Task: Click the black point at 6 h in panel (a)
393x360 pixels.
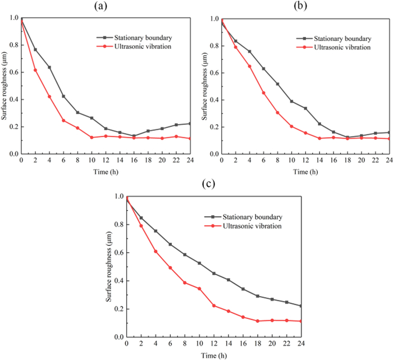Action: coord(64,96)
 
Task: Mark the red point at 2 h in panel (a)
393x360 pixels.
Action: coord(35,70)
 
